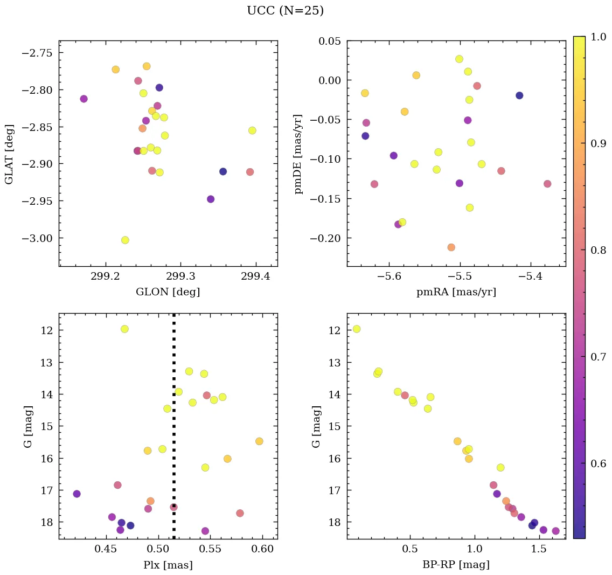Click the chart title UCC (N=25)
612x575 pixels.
click(285, 11)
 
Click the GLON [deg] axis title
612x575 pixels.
click(168, 292)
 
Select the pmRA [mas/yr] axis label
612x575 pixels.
click(456, 292)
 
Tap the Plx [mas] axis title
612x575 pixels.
click(168, 565)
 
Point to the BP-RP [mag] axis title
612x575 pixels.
click(456, 565)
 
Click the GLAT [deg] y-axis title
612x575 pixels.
click(9, 154)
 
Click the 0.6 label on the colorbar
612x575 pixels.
click(597, 464)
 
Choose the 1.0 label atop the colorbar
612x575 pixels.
click(597, 37)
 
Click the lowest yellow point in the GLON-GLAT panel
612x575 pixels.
click(125, 240)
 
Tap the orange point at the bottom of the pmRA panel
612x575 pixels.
click(451, 247)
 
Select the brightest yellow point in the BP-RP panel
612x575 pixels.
click(356, 329)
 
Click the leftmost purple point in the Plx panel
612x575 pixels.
click(76, 494)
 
